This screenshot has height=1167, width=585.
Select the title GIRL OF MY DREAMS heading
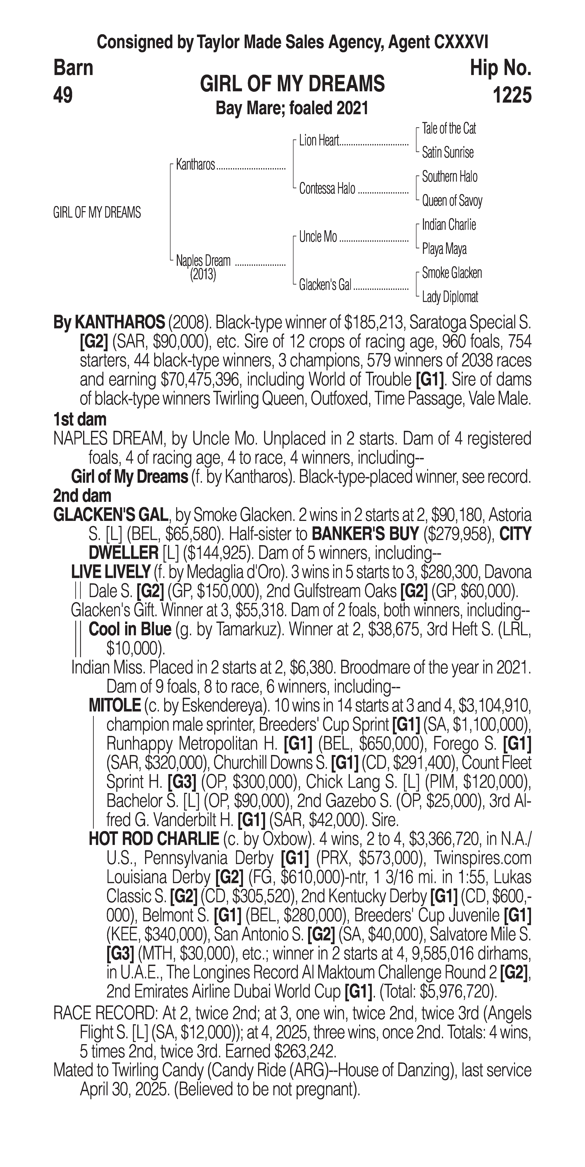(292, 84)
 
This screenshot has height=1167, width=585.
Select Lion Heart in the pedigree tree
(319, 141)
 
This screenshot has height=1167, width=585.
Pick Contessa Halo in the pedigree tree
(327, 189)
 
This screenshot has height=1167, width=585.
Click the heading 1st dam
(80, 419)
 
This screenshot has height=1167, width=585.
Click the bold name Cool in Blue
(130, 629)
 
